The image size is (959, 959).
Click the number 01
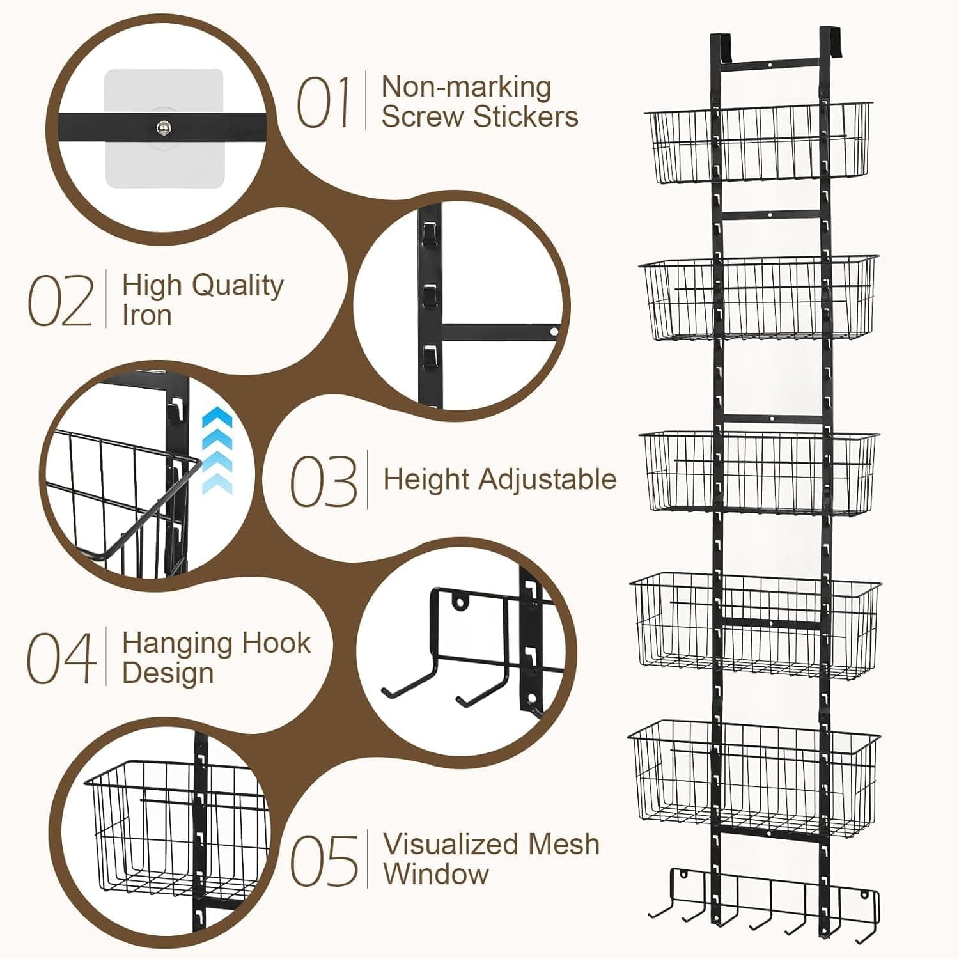324,102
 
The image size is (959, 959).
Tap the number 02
60,300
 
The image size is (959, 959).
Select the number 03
324,481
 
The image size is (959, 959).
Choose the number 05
324,861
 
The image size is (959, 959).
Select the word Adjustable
548,480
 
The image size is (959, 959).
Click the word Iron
147,315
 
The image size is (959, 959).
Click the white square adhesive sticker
164,129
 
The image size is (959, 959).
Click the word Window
436,874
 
